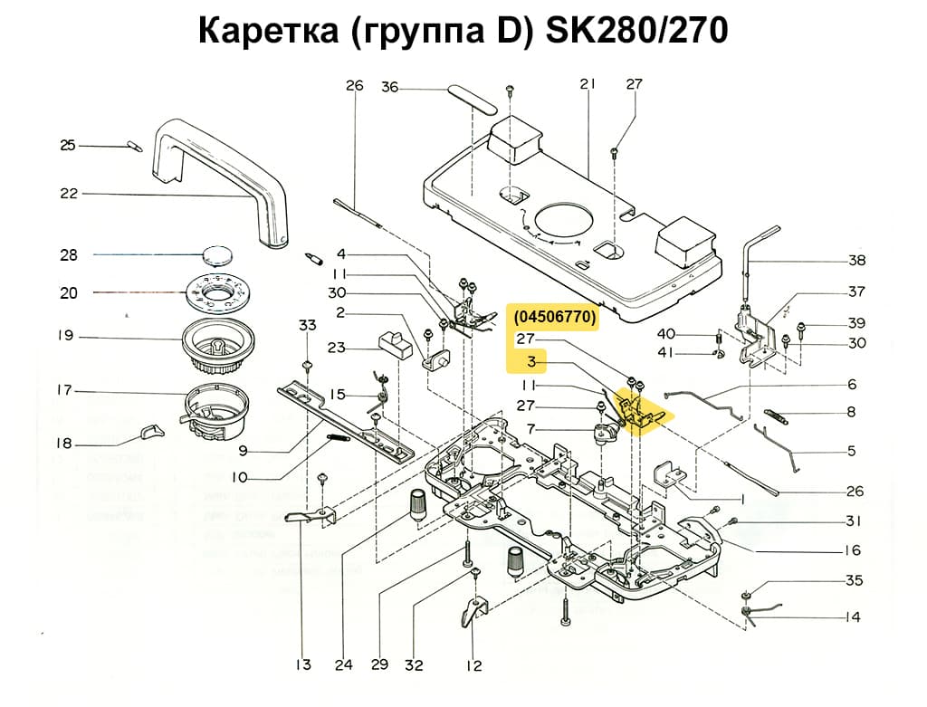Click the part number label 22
tap(69, 193)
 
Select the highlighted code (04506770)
tap(554, 317)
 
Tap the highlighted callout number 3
tap(533, 362)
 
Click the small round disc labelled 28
tap(221, 254)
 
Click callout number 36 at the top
tap(389, 87)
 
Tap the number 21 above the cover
tap(588, 84)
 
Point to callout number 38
tap(856, 261)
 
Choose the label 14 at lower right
tap(852, 617)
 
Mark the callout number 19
tap(64, 336)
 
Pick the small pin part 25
tap(133, 145)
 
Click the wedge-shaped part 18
tap(151, 432)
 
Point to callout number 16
tap(852, 550)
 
